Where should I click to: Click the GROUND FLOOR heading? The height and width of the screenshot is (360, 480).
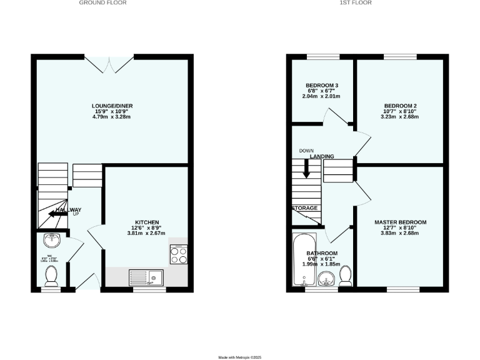tap(102, 3)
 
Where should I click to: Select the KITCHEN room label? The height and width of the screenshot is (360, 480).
tap(147, 222)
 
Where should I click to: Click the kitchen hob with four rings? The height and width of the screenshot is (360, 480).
tap(177, 254)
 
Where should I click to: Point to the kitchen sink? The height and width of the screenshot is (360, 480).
tap(145, 276)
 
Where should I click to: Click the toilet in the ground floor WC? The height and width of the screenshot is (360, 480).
tap(52, 274)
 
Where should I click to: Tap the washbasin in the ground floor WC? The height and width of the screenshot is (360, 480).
tap(51, 241)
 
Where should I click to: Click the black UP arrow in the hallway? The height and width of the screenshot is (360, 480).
tap(58, 213)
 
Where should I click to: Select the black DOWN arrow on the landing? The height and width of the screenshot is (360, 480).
tap(306, 168)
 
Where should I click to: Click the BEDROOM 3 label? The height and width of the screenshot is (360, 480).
tap(322, 86)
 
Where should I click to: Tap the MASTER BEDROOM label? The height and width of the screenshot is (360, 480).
tap(400, 222)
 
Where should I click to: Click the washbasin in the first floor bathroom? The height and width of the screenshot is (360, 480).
tap(326, 278)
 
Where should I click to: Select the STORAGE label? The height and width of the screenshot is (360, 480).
tap(304, 208)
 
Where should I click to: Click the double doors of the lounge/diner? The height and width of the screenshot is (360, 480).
tap(109, 63)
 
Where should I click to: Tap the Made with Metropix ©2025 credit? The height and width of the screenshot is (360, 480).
tap(240, 357)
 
